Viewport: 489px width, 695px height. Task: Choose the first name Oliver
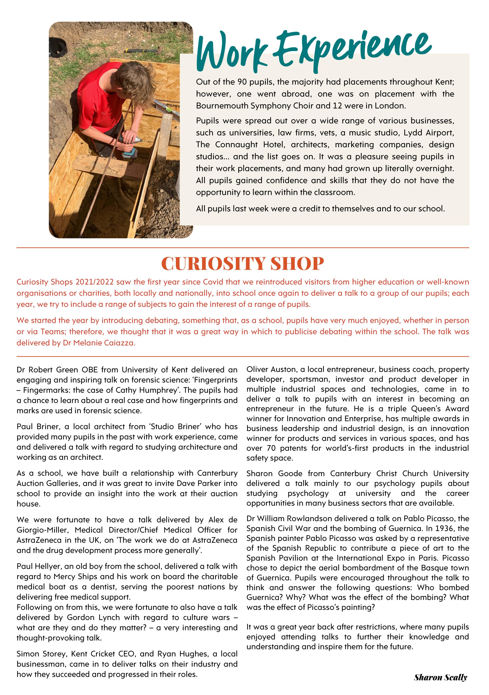coord(257,369)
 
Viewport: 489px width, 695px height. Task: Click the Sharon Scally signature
coord(440,677)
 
